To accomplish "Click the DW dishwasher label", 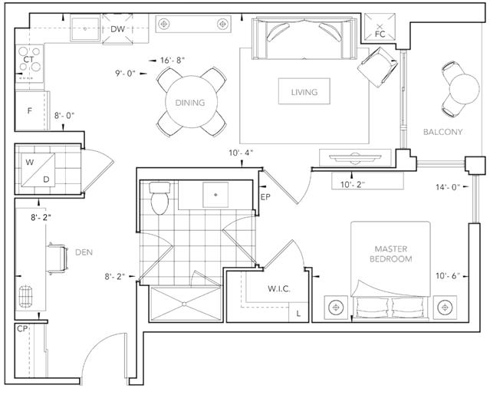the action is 117,29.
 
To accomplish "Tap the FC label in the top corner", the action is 380,34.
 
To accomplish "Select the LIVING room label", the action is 304,92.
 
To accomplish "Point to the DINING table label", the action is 190,103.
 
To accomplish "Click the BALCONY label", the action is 442,132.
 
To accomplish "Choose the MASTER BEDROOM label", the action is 390,254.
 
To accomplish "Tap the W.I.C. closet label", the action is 279,288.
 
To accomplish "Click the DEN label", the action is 84,252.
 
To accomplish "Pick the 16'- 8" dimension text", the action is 173,60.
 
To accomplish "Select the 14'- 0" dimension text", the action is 448,187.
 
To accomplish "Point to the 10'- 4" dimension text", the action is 241,153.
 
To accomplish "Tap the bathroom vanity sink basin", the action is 215,195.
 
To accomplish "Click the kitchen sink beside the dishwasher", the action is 84,29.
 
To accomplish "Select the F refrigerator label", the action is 30,110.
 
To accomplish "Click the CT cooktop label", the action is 28,59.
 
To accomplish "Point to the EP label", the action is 265,197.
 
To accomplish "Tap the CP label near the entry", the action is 22,329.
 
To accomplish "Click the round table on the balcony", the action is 464,89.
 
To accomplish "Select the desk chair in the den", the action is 58,258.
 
